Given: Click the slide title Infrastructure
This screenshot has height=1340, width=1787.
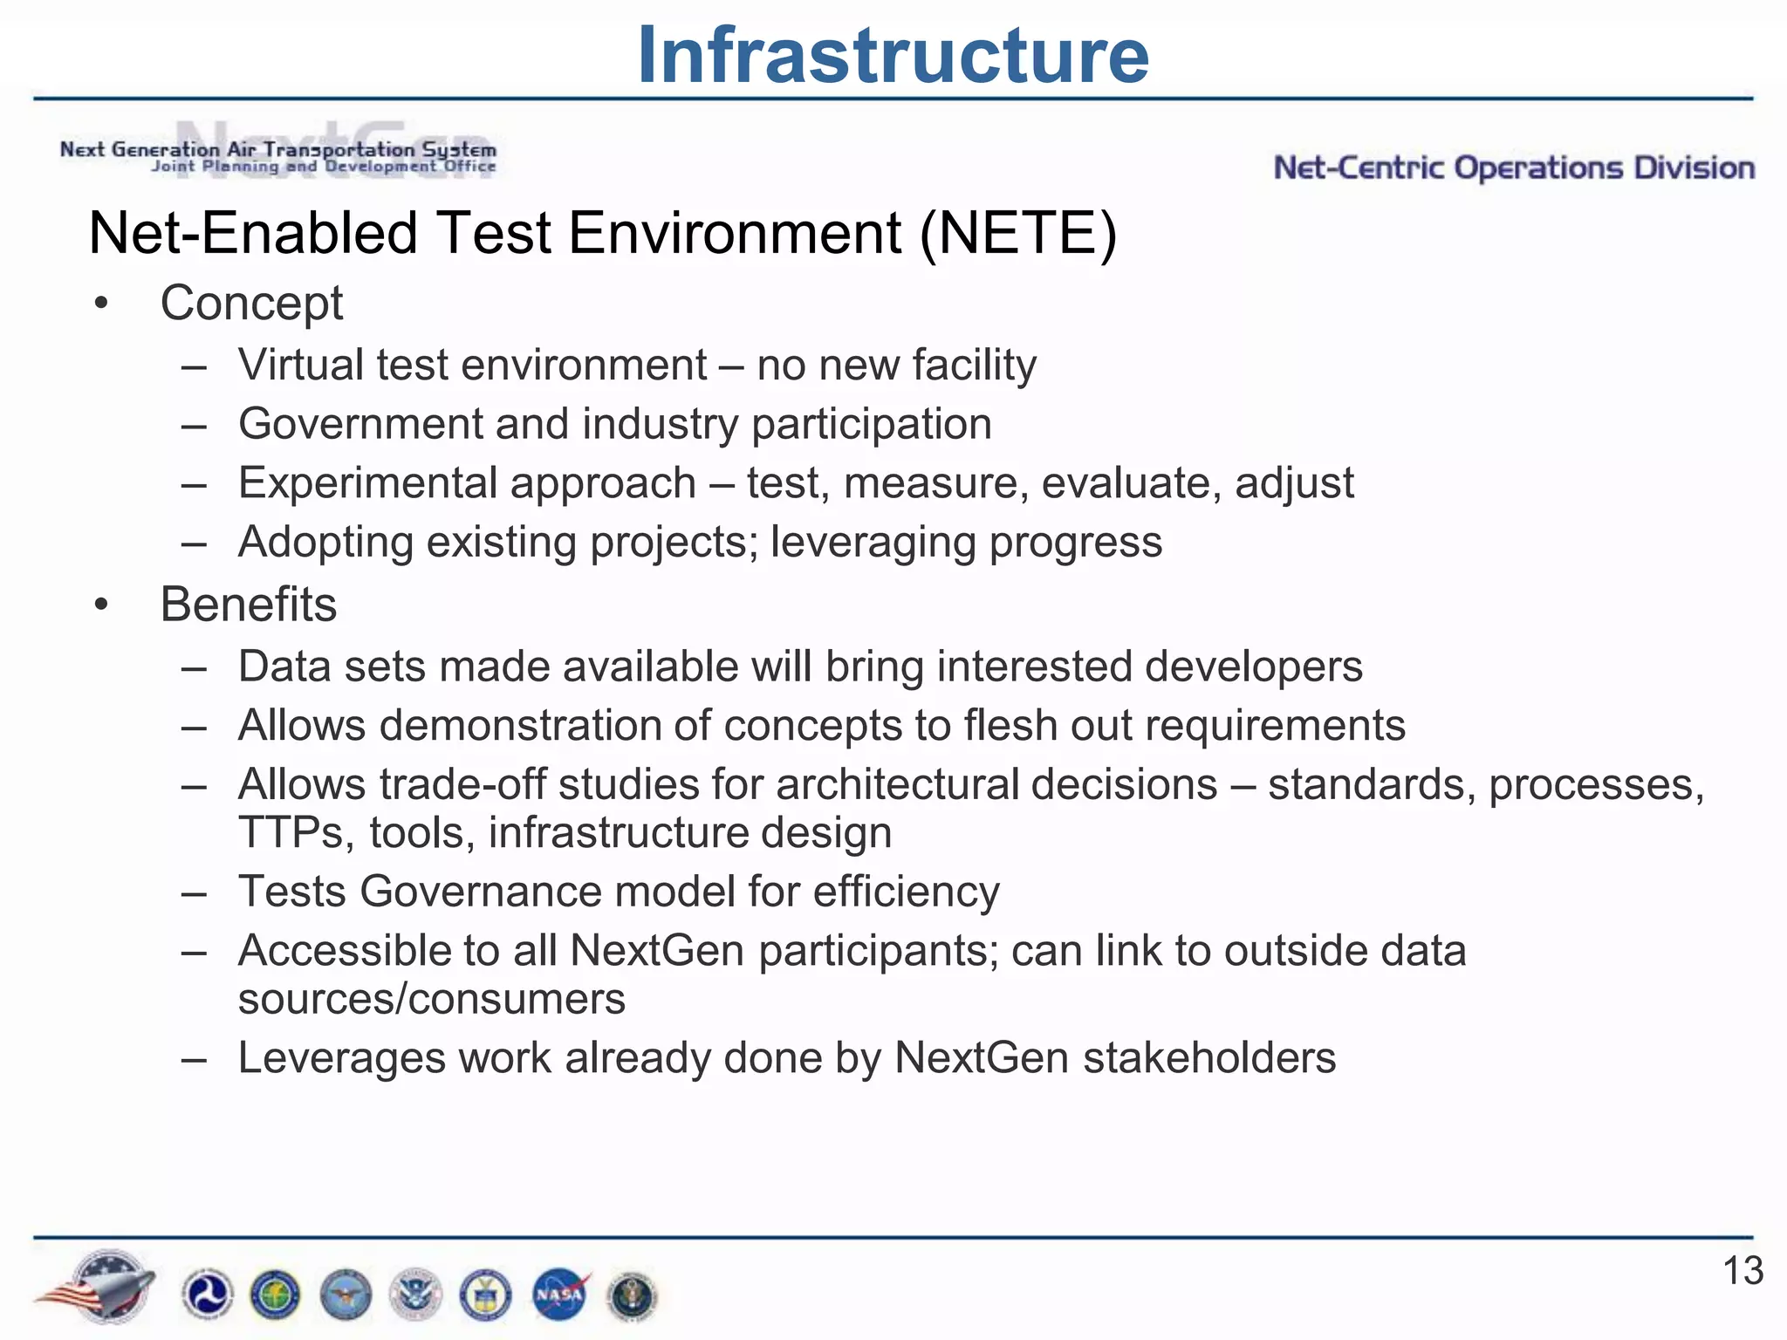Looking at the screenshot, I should [x=893, y=56].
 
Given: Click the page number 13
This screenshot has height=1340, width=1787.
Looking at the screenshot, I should [x=1742, y=1271].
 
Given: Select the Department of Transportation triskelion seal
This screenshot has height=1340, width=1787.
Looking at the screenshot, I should [x=207, y=1295].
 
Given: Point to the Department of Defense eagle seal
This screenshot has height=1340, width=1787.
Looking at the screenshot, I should [x=346, y=1295].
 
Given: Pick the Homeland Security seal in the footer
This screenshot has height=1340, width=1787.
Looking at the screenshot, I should [x=415, y=1295].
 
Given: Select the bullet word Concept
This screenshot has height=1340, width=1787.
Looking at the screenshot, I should [x=251, y=304].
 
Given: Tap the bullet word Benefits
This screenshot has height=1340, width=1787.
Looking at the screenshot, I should [x=249, y=605].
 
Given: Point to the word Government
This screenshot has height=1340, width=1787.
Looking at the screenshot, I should [x=360, y=425].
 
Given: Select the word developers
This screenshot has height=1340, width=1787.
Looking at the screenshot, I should [x=1253, y=667].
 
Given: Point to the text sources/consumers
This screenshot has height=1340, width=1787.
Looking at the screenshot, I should [x=432, y=999].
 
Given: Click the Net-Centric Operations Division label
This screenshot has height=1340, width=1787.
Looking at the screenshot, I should [x=1514, y=167].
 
